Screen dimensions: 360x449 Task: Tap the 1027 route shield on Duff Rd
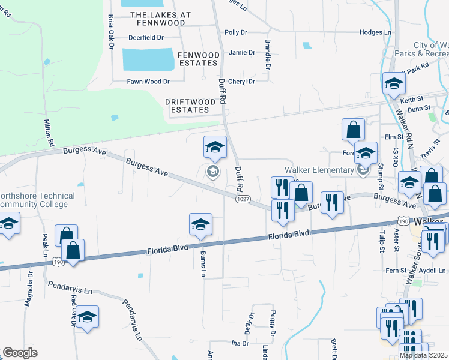point(243,199)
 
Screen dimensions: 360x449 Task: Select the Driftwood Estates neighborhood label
point(191,106)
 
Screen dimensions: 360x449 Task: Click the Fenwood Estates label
point(197,59)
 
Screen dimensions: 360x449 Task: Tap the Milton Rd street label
point(49,134)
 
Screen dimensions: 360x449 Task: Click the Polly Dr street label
point(235,32)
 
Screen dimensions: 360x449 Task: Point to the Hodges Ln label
point(375,32)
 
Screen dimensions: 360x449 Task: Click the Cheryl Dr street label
point(242,82)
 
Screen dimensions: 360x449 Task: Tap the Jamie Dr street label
point(242,53)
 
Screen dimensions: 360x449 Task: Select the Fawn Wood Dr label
point(148,82)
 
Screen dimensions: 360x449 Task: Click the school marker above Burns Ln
point(200,225)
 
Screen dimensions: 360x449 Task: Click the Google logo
point(20,352)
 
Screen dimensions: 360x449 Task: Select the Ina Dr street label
point(240,343)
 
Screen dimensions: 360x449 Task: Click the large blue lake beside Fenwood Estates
point(148,59)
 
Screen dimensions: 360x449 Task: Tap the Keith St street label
point(412,100)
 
